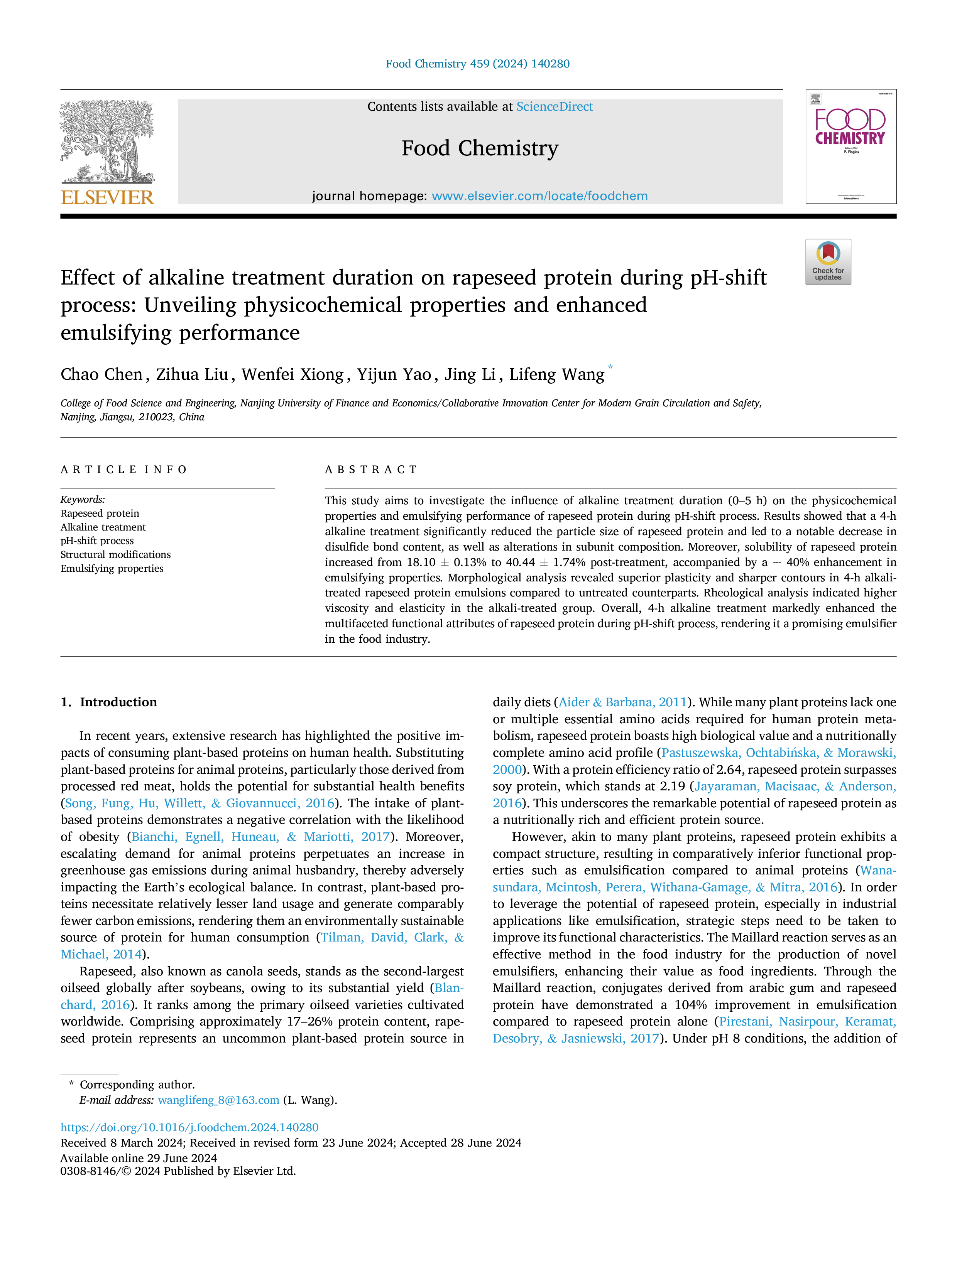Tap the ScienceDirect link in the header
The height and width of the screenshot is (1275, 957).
tap(555, 107)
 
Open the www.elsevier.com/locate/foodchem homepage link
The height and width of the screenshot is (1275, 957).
tap(539, 196)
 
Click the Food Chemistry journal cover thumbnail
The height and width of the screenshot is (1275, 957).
tap(851, 147)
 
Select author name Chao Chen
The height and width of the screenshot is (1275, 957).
tap(101, 375)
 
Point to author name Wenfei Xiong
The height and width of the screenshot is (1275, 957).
tap(293, 375)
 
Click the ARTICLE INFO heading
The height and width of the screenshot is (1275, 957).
tap(123, 470)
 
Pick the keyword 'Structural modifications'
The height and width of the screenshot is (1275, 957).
tap(115, 554)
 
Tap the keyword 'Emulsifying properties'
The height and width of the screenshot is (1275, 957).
tap(112, 568)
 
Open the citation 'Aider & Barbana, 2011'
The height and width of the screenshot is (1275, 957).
tap(623, 702)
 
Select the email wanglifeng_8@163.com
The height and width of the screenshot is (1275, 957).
tap(219, 1100)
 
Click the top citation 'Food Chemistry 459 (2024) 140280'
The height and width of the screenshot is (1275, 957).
tap(478, 64)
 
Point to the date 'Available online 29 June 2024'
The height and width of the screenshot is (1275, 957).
tap(139, 1158)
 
